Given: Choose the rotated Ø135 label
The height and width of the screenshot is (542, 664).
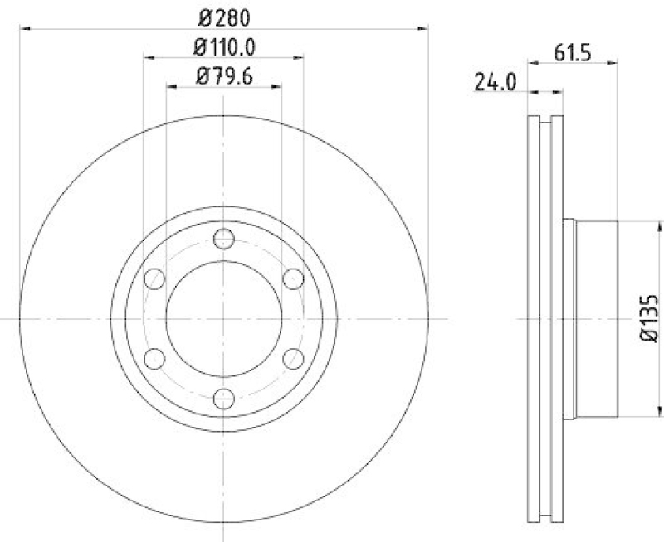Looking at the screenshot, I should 648,319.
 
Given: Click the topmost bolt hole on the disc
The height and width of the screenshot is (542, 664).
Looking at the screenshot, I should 223,240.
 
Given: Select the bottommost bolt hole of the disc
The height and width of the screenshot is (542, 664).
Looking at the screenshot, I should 223,399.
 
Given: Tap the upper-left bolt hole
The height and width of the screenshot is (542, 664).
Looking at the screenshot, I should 154,279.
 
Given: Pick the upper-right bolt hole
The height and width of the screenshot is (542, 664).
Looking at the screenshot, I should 292,279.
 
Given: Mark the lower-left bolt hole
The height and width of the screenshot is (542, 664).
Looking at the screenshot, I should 154,359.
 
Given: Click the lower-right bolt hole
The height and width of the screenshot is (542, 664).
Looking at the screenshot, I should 292,359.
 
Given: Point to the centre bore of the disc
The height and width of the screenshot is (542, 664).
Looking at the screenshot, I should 223,319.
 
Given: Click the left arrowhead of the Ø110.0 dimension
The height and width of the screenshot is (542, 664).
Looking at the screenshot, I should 149,57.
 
